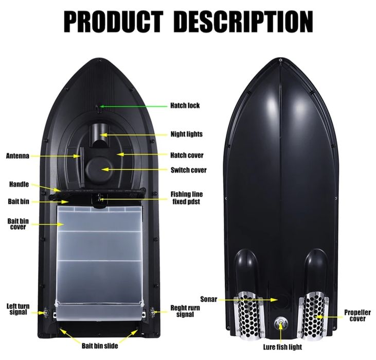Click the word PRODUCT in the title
tap(113, 22)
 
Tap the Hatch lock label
tap(185, 106)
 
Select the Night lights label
tap(187, 134)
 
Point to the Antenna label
tap(17, 156)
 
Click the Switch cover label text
tap(188, 170)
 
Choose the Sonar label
tap(209, 299)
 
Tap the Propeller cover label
tap(357, 316)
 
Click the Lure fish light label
tap(282, 347)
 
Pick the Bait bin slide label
tap(100, 346)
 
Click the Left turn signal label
tap(18, 309)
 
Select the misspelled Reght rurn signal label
tap(185, 311)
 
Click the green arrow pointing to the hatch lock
tap(133, 106)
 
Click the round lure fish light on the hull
tap(280, 323)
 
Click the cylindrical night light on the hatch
tap(100, 135)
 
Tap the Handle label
tap(19, 184)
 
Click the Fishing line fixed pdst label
tap(186, 198)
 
